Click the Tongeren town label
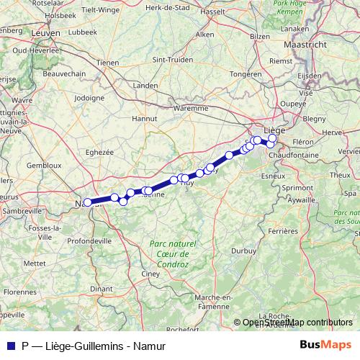pos(247,73)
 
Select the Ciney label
pos(150,274)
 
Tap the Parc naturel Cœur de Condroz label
pos(169,255)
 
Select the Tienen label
pos(107,63)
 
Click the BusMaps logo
pos(324,343)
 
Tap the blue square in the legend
pos(10,345)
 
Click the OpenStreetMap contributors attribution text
pos(298,323)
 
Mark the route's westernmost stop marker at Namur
pos(88,202)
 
